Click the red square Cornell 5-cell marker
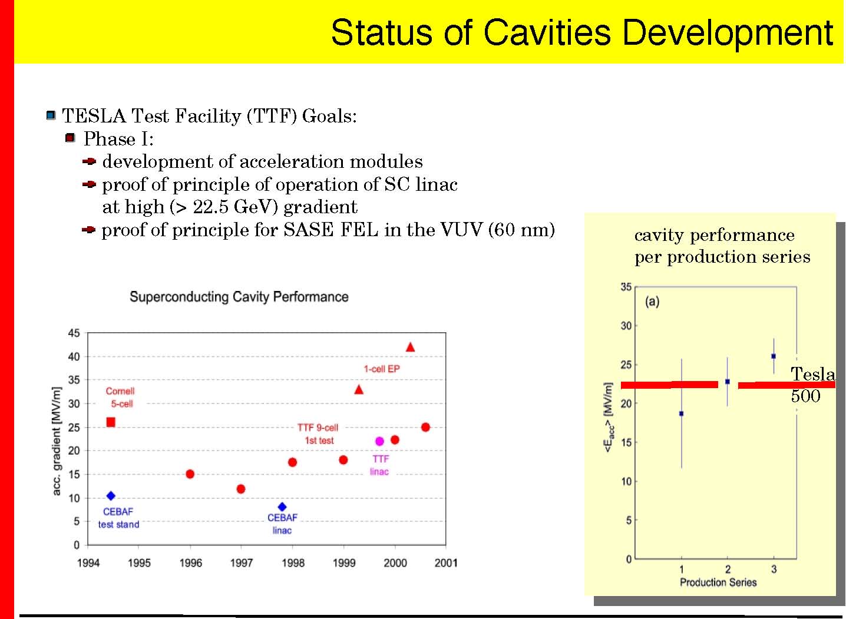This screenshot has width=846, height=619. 110,422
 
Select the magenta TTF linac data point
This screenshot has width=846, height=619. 379,441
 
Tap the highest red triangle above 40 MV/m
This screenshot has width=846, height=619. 410,347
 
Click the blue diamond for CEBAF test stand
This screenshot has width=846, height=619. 111,496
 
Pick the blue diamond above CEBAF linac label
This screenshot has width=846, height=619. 282,507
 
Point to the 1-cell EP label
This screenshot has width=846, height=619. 381,369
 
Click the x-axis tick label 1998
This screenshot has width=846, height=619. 293,563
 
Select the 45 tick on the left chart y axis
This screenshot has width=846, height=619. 74,333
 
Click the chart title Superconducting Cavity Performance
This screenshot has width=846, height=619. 239,297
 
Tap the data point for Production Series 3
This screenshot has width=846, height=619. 774,356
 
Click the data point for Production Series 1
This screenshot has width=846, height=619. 682,413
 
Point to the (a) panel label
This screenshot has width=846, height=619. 652,302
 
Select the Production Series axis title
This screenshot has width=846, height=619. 718,582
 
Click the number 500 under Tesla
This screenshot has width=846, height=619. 805,396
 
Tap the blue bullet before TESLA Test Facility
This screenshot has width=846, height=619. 51,115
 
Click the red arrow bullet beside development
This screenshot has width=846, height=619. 88,161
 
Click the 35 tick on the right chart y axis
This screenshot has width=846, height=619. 626,287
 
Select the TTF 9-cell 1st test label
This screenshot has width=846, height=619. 318,434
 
